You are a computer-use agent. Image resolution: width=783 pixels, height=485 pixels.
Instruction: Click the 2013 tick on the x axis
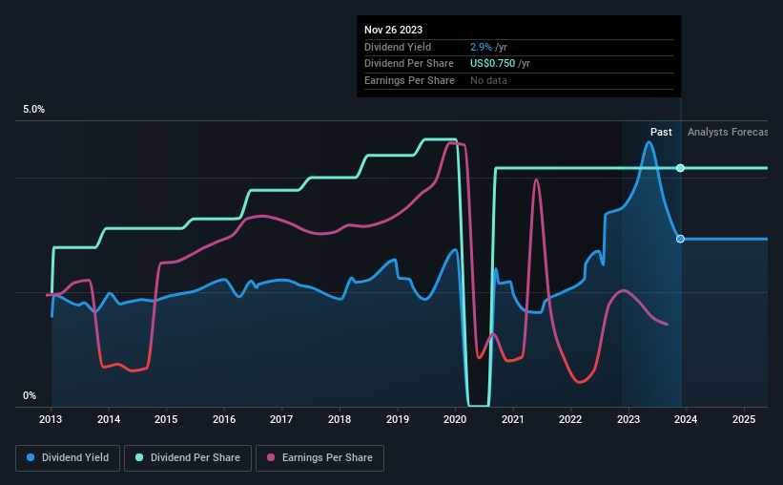(x=51, y=418)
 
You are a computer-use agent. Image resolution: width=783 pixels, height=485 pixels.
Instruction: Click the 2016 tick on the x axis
(x=224, y=418)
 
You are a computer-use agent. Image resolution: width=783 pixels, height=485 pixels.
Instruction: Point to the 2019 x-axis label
(x=398, y=418)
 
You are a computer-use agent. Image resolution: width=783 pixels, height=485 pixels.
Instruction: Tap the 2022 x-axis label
(x=570, y=418)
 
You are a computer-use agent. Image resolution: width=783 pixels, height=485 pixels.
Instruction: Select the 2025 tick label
(x=744, y=418)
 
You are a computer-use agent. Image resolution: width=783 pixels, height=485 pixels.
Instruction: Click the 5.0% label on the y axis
(x=33, y=110)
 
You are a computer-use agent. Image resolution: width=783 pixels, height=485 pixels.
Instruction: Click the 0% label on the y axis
(x=30, y=395)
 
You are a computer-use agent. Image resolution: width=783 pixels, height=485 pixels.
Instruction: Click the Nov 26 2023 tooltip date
(x=393, y=29)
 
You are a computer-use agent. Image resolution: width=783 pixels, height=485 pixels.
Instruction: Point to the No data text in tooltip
(x=488, y=80)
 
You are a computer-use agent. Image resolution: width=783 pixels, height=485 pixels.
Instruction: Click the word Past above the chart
(x=661, y=132)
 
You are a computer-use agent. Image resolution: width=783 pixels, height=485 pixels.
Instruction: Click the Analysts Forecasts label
(x=727, y=132)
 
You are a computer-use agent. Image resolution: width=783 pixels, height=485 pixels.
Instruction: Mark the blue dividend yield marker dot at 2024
(x=680, y=239)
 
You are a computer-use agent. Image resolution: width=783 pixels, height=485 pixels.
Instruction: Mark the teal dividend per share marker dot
(x=680, y=168)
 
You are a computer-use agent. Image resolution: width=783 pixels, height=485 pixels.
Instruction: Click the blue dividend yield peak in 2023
(x=649, y=142)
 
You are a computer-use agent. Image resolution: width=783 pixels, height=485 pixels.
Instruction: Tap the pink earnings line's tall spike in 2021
(x=536, y=179)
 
